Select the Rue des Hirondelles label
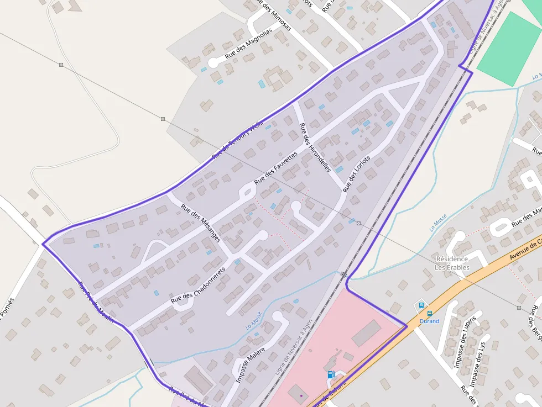pyautogui.click(x=314, y=147)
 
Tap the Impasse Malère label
pyautogui.click(x=251, y=364)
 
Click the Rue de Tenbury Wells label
pyautogui.click(x=238, y=141)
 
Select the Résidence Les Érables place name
pyautogui.click(x=452, y=263)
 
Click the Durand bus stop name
pyautogui.click(x=429, y=321)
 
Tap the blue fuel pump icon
pyautogui.click(x=331, y=374)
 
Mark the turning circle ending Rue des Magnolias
pyautogui.click(x=213, y=62)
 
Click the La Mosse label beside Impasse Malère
pyautogui.click(x=253, y=321)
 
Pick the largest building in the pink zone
pyautogui.click(x=366, y=332)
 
